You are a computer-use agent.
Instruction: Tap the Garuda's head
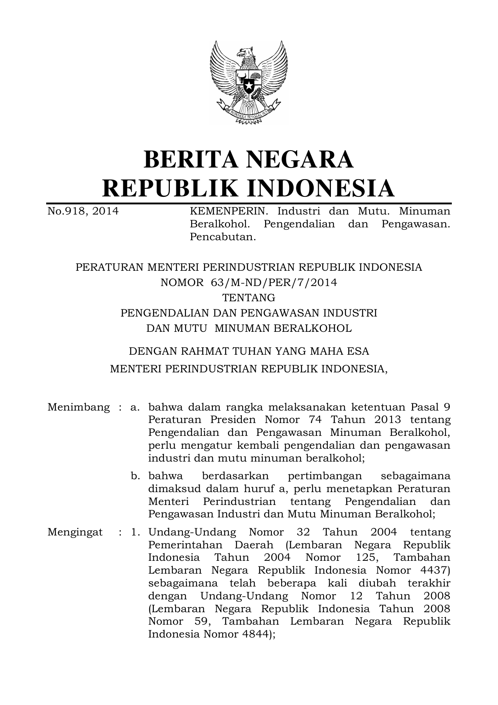click(x=246, y=53)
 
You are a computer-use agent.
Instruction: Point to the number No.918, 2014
click(x=83, y=211)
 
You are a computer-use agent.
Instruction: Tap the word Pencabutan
click(x=222, y=237)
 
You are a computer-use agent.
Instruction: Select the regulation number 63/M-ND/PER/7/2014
click(x=273, y=282)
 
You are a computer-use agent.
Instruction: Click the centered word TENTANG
click(x=249, y=298)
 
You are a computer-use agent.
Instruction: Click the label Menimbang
click(x=78, y=407)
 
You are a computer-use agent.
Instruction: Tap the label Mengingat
click(x=75, y=532)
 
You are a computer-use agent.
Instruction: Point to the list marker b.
click(x=135, y=476)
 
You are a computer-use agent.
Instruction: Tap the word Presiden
click(x=233, y=420)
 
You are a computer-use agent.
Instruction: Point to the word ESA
click(x=358, y=351)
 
